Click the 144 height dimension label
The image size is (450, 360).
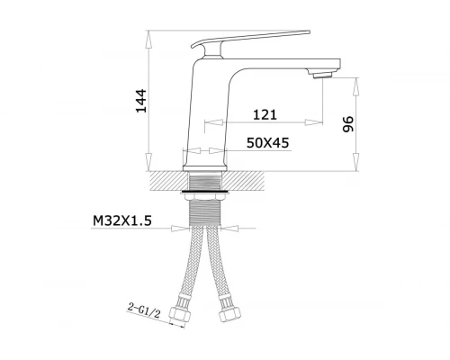point(141,101)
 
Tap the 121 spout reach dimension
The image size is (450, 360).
point(265,114)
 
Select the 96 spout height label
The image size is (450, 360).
point(348,124)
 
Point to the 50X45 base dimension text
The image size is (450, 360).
point(267,143)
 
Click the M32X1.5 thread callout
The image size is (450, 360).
point(122,220)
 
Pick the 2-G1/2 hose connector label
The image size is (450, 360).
point(145,310)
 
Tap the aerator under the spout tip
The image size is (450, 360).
point(322,74)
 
